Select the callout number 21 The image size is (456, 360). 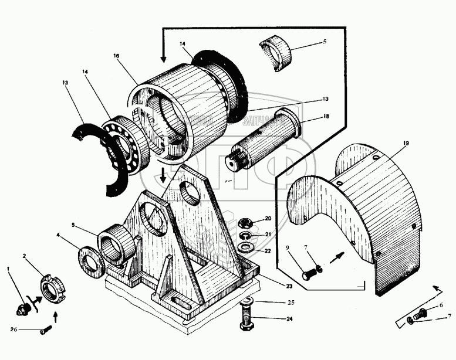pos(268,235)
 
